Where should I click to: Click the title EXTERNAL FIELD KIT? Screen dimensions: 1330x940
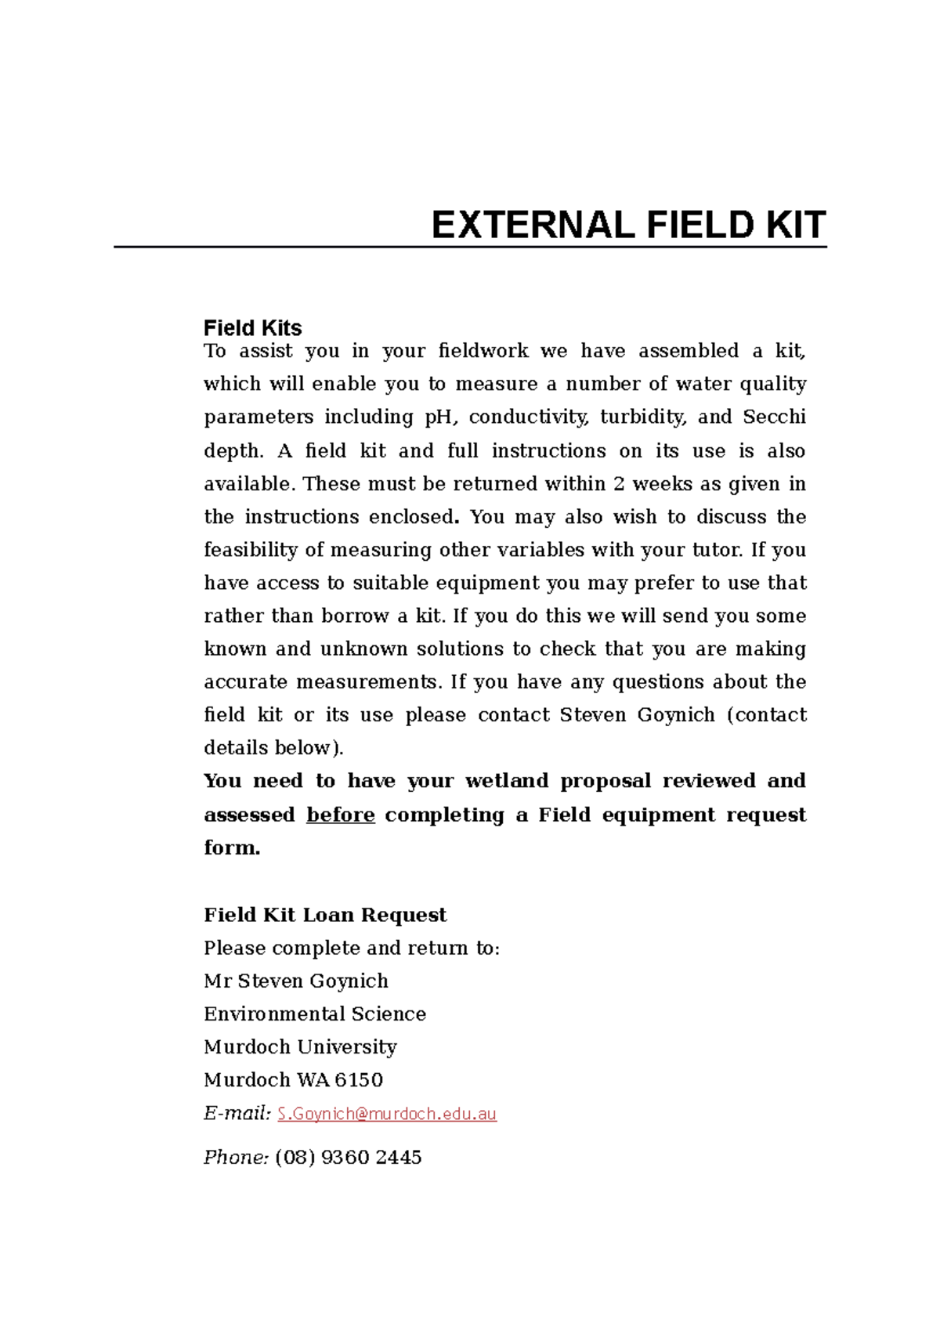pos(628,226)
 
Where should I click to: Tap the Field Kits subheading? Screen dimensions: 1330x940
pos(252,327)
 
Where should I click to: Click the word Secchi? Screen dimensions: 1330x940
pos(774,417)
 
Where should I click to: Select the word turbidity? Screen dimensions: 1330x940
pos(643,417)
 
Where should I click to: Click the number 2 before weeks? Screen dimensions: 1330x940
pos(619,484)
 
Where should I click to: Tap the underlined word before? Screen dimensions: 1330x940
pos(340,815)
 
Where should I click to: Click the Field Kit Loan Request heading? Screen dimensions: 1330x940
pos(325,915)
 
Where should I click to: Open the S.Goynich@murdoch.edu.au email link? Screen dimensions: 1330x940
pos(387,1114)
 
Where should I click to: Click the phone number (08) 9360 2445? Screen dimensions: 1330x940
pos(349,1157)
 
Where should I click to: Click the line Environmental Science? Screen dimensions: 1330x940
pos(315,1014)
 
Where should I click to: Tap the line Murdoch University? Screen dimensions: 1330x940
pos(300,1047)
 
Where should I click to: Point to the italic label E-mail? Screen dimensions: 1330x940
pos(237,1113)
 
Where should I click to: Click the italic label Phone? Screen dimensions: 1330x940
pos(237,1157)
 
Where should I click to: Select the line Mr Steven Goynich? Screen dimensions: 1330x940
pos(296,981)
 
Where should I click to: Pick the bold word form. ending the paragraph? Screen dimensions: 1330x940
pos(232,848)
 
